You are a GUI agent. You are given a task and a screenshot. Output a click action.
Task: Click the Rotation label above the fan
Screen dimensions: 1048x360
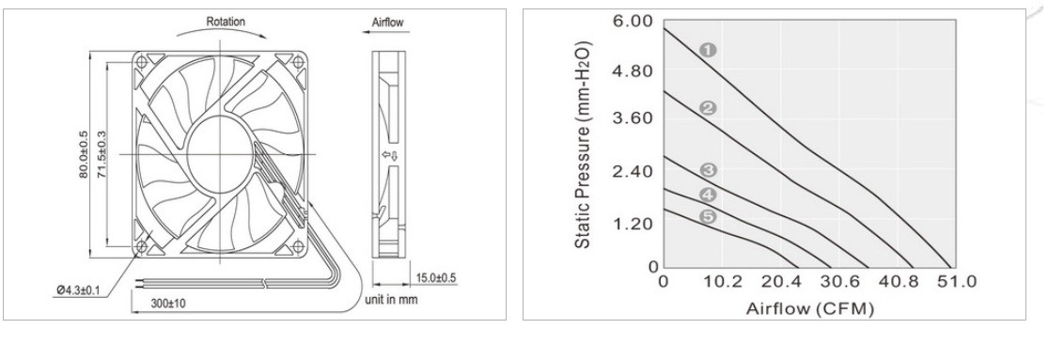(x=226, y=22)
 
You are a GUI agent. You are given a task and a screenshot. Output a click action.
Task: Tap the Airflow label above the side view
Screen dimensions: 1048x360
(x=387, y=23)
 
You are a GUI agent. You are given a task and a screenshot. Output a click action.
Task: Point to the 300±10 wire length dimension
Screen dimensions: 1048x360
(x=167, y=304)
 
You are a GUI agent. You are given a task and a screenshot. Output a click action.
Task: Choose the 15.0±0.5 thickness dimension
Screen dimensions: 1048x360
(x=436, y=278)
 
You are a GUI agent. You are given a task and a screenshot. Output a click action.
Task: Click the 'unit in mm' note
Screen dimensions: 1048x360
(x=391, y=299)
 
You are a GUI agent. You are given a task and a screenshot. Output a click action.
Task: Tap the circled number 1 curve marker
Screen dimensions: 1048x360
(x=709, y=50)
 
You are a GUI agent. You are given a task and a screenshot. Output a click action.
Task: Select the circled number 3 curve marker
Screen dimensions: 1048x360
(x=709, y=170)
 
